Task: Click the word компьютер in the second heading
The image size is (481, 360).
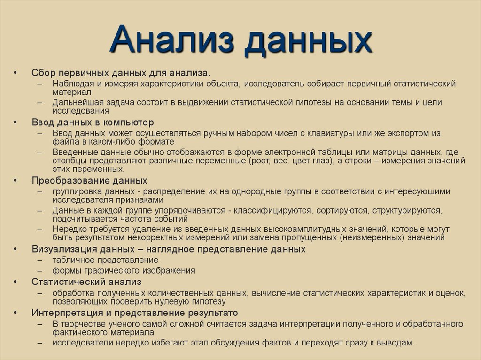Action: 129,123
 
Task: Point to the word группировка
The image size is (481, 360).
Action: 76,191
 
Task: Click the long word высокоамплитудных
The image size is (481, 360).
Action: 304,229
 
